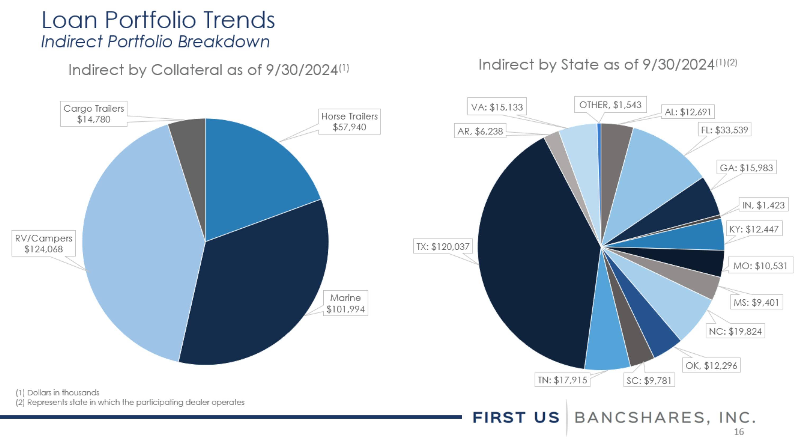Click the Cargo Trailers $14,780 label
(x=94, y=113)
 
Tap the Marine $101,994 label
(x=346, y=303)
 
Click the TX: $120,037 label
(x=443, y=246)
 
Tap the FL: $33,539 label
(x=724, y=130)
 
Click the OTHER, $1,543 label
(x=610, y=105)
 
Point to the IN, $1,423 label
(x=764, y=205)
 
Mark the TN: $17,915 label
(x=562, y=380)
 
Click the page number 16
(x=739, y=432)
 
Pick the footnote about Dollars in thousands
(x=58, y=392)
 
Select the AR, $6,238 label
(x=480, y=131)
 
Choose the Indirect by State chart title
(x=607, y=64)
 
